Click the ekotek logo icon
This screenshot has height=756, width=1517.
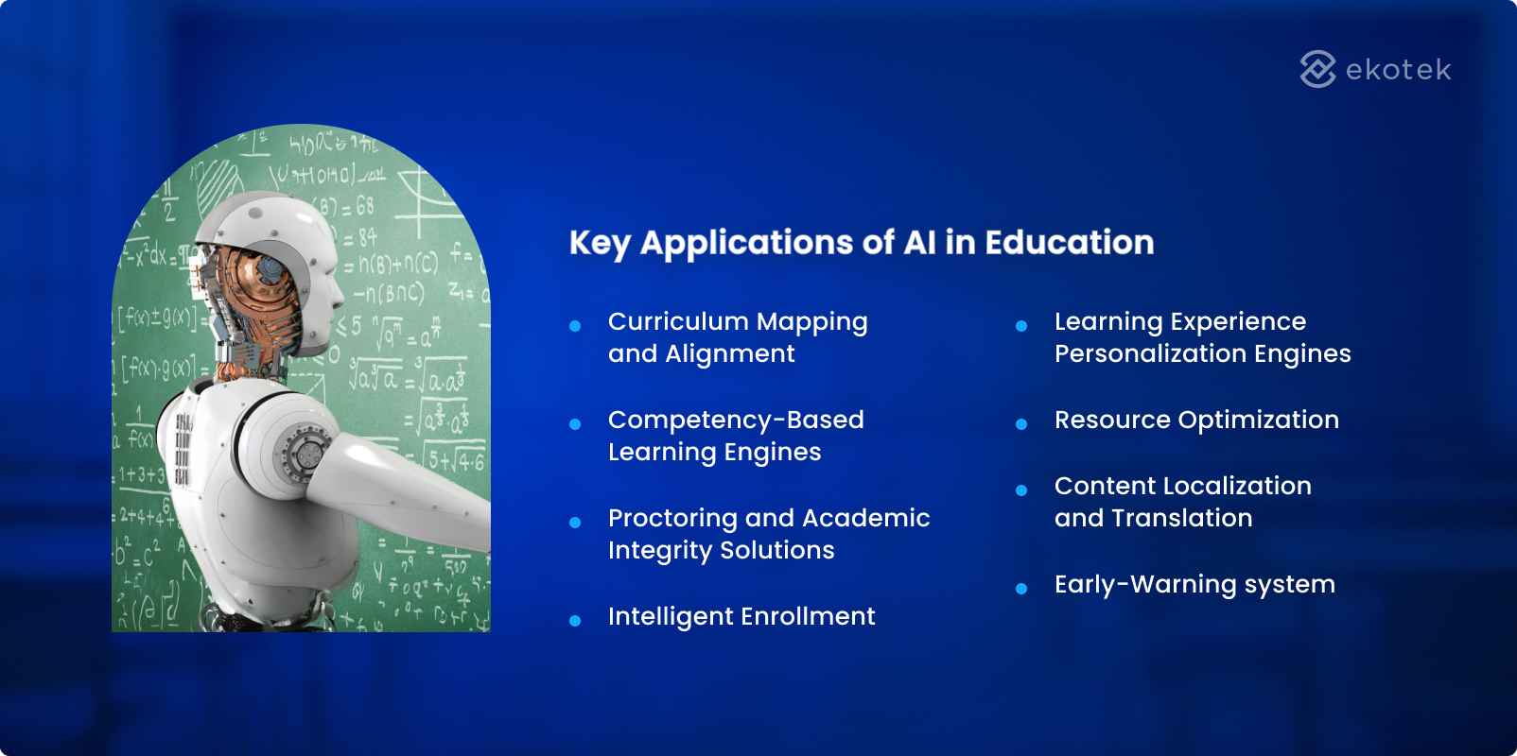pyautogui.click(x=1317, y=69)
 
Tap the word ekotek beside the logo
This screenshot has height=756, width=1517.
pyautogui.click(x=1398, y=70)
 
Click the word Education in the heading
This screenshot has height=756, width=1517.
pyautogui.click(x=1069, y=243)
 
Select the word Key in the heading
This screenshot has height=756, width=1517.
pyautogui.click(x=600, y=244)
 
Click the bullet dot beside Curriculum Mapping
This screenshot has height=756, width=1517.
pyautogui.click(x=575, y=326)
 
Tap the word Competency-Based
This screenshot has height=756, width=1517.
pyautogui.click(x=736, y=420)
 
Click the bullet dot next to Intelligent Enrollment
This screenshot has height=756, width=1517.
pyautogui.click(x=575, y=621)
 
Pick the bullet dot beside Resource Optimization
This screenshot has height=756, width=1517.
pyautogui.click(x=1021, y=424)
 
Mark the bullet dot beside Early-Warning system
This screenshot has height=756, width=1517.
pyautogui.click(x=1021, y=589)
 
